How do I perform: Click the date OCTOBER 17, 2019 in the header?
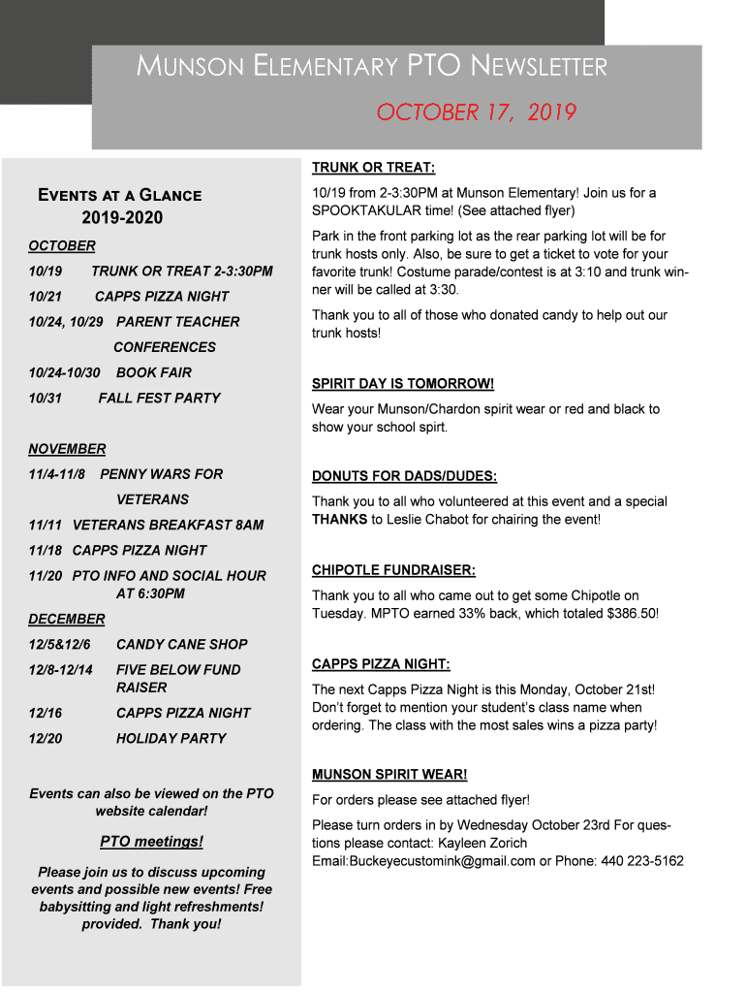tap(477, 112)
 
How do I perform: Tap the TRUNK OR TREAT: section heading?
tap(373, 168)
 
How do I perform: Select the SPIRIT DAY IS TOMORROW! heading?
tap(402, 384)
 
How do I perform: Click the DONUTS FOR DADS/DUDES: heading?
tap(404, 476)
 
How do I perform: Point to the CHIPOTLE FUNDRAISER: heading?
tap(393, 570)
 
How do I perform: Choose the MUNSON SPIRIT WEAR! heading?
tap(389, 774)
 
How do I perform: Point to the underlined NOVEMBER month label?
tap(67, 449)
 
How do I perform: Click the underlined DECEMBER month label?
tap(67, 619)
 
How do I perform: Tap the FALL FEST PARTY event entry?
tap(159, 398)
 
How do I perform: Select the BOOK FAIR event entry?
tap(154, 372)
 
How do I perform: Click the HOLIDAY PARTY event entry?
tap(171, 738)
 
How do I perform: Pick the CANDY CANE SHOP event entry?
tap(181, 644)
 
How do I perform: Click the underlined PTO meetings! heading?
tap(151, 841)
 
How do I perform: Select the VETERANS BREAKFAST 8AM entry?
tap(168, 525)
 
